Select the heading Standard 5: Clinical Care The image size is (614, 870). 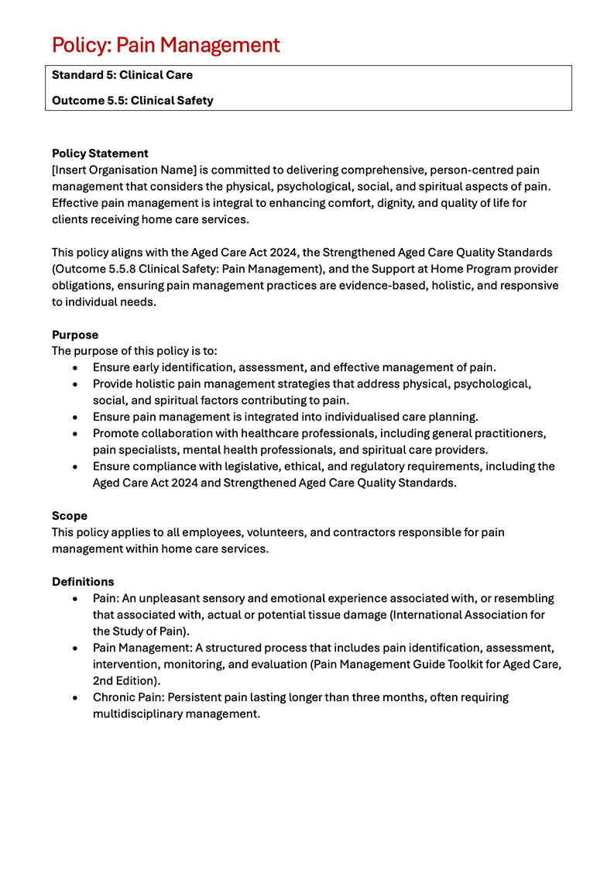click(122, 75)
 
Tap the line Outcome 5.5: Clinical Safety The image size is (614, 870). click(132, 100)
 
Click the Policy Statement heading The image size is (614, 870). click(100, 153)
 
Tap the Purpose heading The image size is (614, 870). click(75, 335)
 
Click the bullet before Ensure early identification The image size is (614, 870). click(74, 368)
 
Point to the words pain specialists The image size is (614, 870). click(132, 449)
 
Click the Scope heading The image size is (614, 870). click(70, 515)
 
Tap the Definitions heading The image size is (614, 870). click(83, 581)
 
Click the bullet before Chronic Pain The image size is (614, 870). click(74, 697)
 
